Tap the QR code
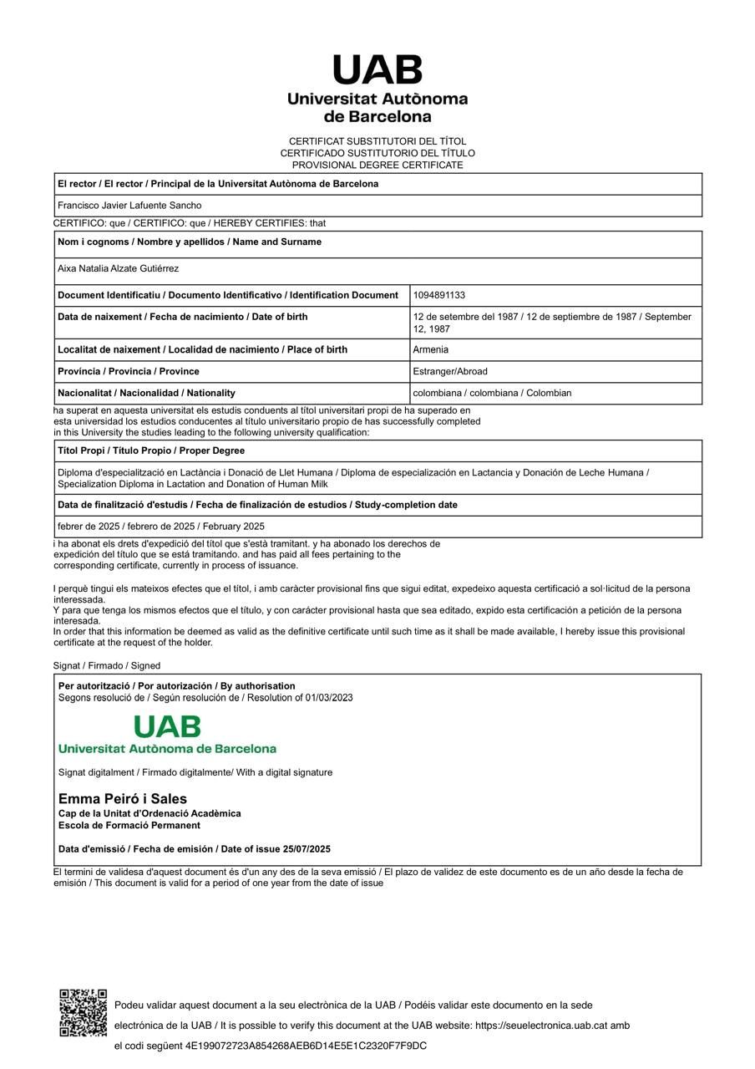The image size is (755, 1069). tap(83, 1012)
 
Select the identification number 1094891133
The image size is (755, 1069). tap(438, 295)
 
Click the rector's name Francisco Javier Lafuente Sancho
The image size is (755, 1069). tap(129, 206)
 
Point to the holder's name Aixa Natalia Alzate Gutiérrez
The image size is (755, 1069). tap(118, 269)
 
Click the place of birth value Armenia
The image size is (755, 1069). tap(430, 349)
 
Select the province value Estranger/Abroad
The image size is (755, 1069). tap(449, 371)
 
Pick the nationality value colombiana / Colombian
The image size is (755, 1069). tap(492, 393)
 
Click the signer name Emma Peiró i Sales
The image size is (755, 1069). tap(123, 799)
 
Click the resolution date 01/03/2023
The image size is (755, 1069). tap(328, 698)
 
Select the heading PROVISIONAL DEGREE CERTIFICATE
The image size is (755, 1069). tap(377, 165)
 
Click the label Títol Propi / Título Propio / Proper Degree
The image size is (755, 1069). tap(151, 451)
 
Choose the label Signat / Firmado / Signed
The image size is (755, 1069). tap(107, 666)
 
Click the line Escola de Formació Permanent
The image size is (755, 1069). tap(129, 826)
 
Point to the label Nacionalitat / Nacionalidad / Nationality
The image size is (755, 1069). tap(146, 393)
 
